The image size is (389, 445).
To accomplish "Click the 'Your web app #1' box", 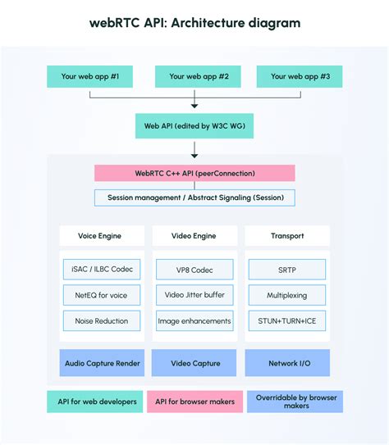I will [x=89, y=76].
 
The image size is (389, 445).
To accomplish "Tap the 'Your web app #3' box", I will [x=300, y=76].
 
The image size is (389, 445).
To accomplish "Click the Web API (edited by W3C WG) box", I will [x=194, y=125].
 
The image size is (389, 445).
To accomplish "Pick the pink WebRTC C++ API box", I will [x=194, y=173].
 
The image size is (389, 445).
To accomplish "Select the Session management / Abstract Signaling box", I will [x=194, y=198].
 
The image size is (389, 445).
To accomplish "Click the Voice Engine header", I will [x=102, y=235].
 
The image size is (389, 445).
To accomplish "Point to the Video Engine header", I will [x=194, y=235].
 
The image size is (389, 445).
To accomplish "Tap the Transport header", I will [x=287, y=235].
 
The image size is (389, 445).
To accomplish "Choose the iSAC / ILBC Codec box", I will [x=102, y=270].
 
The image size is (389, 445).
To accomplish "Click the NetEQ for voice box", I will [x=102, y=294].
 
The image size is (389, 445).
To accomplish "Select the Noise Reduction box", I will [x=102, y=320].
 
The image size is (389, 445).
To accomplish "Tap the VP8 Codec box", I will [x=194, y=270].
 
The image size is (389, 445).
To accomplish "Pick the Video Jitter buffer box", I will [x=194, y=294].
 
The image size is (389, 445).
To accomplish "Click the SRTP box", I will [x=287, y=270].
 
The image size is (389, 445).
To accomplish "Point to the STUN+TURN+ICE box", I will [x=287, y=320].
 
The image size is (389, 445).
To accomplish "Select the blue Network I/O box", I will [x=287, y=362].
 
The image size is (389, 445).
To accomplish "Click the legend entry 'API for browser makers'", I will [x=194, y=402].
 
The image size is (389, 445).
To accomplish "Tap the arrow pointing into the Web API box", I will [x=194, y=104].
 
